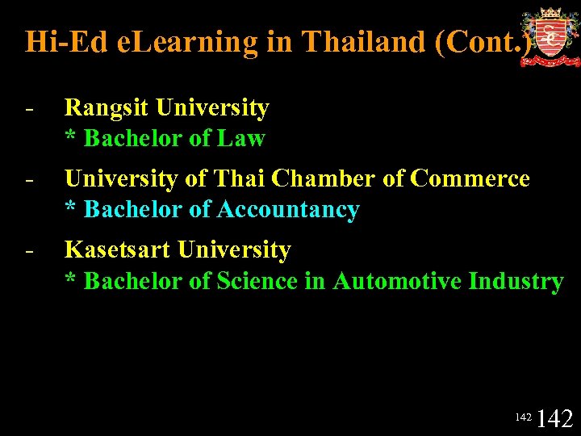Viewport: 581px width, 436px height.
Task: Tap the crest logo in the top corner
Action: click(550, 37)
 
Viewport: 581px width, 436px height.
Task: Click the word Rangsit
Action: click(107, 107)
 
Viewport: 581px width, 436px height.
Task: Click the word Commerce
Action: click(470, 178)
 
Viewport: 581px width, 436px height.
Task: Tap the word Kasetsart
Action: click(118, 250)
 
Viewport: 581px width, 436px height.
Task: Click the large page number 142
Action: click(554, 417)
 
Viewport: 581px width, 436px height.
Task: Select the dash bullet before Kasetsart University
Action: click(29, 251)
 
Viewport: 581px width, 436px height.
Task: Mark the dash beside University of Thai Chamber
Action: click(29, 179)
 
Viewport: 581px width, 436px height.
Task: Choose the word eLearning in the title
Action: click(188, 41)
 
